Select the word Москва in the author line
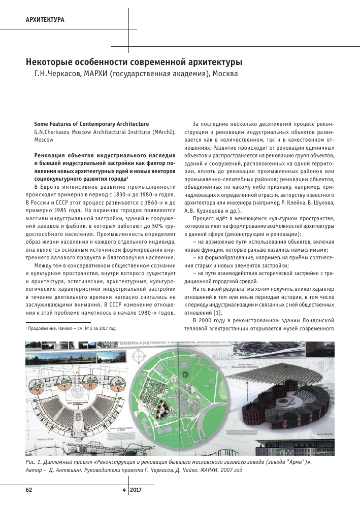(225, 74)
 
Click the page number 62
(29, 490)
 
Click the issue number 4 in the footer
(124, 490)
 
